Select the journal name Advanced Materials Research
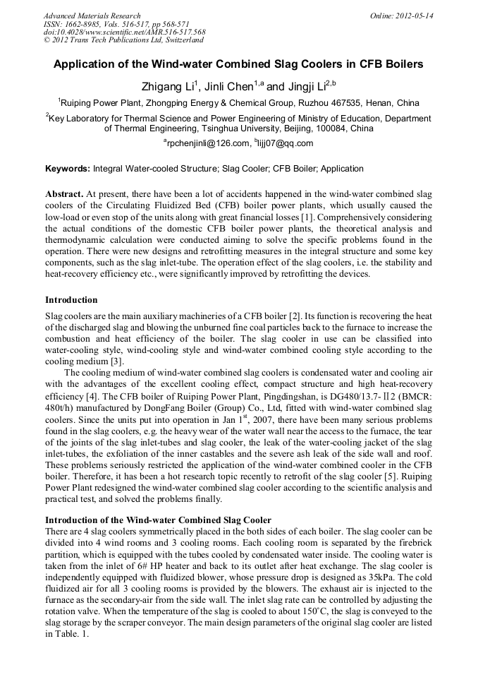[x=92, y=16]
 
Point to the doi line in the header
[x=124, y=32]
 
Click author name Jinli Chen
[x=233, y=87]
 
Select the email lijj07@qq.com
[x=286, y=143]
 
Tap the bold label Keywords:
[x=68, y=169]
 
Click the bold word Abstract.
[x=63, y=193]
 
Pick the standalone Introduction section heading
[x=71, y=300]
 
